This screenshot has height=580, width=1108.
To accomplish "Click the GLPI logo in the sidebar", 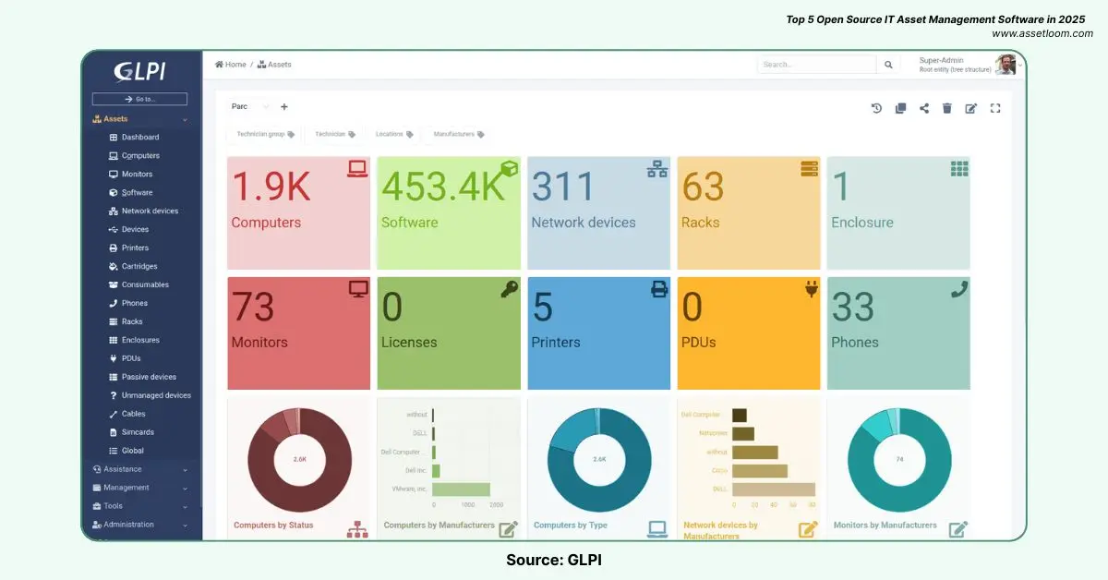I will [x=140, y=71].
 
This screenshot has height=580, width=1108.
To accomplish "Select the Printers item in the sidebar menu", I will [x=135, y=248].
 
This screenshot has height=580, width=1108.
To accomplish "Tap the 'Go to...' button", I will [x=139, y=99].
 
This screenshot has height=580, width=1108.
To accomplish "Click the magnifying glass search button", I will [x=888, y=65].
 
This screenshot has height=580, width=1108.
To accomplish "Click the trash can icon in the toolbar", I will [x=946, y=108].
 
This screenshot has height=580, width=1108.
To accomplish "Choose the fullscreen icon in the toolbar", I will [x=995, y=108].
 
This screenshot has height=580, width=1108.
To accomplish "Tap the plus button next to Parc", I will [x=283, y=107].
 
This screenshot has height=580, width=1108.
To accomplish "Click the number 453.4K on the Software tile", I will [x=443, y=187].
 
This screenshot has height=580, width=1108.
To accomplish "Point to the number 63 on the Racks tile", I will [x=703, y=187].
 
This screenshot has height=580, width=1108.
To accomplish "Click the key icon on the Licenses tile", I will [x=509, y=289].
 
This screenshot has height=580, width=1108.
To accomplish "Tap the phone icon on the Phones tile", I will [x=959, y=289].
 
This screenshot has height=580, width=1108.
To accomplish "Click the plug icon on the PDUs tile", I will [x=812, y=289].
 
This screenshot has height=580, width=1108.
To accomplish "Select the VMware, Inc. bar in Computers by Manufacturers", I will [x=462, y=489].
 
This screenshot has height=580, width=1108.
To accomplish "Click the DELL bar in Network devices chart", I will [x=774, y=489].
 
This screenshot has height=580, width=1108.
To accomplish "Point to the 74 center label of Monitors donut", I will [x=899, y=459].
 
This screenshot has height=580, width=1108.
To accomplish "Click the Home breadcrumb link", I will [x=231, y=65].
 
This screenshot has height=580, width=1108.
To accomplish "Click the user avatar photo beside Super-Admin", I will [x=1006, y=65].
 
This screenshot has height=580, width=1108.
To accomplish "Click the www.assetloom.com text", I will [x=1042, y=33].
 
